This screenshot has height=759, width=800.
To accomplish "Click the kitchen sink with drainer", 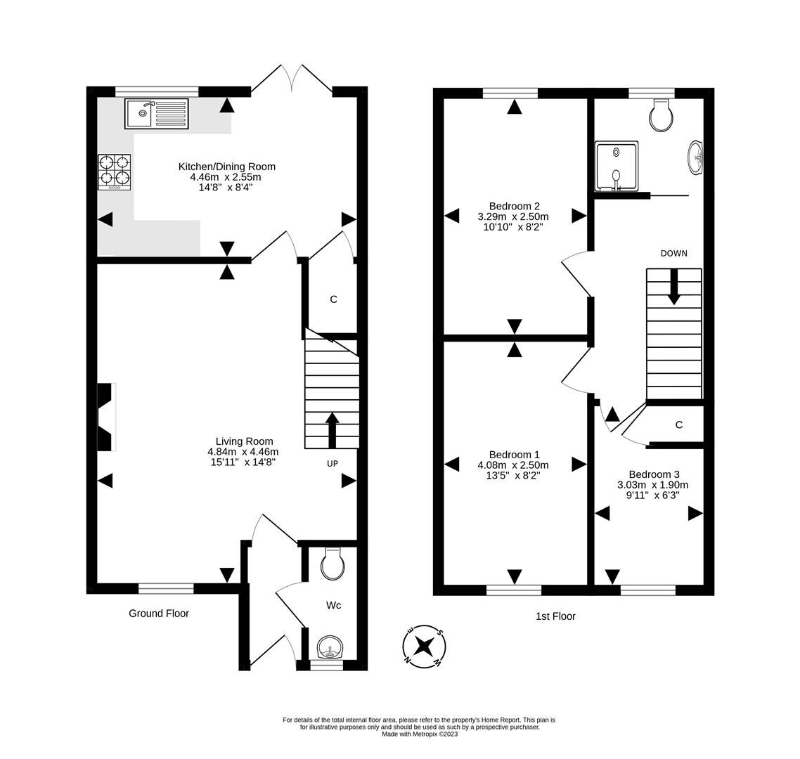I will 156,113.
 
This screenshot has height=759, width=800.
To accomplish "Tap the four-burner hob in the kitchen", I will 115,171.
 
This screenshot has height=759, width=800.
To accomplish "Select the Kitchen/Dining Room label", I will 226,167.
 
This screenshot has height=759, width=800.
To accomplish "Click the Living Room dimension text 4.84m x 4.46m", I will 243,452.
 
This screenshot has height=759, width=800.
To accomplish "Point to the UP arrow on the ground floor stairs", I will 332,426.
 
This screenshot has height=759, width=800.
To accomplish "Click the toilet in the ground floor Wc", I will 332,564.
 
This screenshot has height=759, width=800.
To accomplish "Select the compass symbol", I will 424,646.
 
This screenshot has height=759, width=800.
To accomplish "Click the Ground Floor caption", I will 159,614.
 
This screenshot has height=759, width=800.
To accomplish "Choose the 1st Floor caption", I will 555,616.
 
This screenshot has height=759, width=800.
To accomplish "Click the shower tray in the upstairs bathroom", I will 617,167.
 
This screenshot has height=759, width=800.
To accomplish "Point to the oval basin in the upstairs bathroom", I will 695,157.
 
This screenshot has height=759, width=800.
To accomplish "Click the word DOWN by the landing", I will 673,253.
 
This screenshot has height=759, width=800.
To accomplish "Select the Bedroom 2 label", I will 514,206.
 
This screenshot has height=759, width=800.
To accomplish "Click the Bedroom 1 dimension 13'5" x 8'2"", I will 512,475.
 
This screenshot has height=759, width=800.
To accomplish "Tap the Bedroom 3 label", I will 654,474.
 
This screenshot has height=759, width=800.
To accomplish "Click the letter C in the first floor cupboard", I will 678,424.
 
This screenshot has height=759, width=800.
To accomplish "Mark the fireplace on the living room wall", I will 105,417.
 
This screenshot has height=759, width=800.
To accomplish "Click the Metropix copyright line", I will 420,734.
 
